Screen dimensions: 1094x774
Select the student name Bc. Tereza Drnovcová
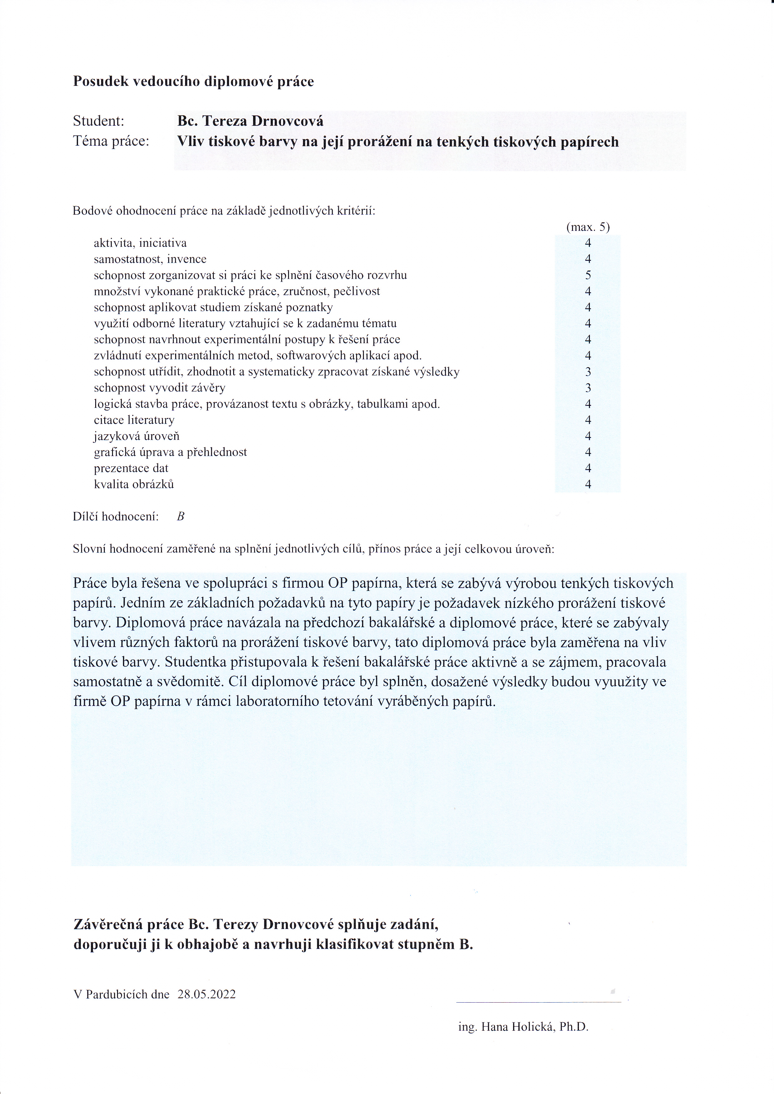250,121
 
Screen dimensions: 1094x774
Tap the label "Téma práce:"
110,141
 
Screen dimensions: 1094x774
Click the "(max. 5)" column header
588,227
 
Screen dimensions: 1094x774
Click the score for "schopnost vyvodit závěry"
588,388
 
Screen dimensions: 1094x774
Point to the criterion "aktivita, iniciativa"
140,243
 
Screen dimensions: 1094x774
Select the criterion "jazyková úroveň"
136,436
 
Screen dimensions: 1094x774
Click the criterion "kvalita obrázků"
134,484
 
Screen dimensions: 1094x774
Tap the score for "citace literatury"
588,420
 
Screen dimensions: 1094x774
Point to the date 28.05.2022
206,994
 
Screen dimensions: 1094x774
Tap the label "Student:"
98,121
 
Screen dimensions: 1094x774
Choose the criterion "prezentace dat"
131,468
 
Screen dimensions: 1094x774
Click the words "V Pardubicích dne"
121,994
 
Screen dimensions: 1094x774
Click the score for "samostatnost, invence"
588,259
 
